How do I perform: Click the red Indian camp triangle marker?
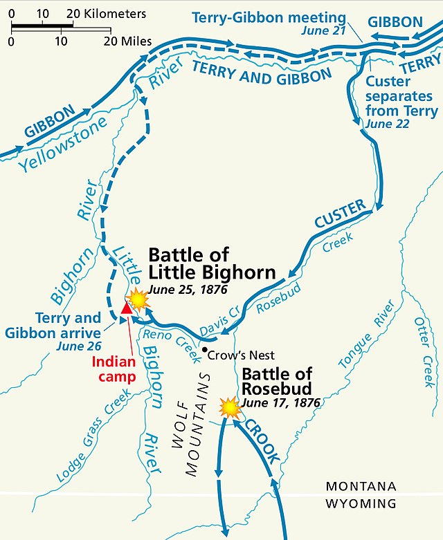tap(126, 307)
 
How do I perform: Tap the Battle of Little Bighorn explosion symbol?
tap(138, 299)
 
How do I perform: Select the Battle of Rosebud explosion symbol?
tap(228, 407)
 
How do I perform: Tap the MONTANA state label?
tap(361, 487)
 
